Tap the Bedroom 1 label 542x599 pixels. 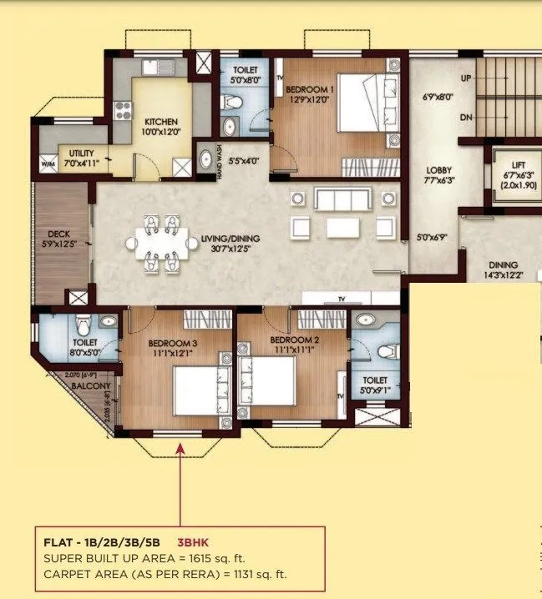pos(310,88)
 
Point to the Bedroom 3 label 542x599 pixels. pos(173,344)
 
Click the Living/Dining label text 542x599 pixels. pos(230,239)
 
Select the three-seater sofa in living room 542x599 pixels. pos(342,199)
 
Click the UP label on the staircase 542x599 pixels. pos(467,78)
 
